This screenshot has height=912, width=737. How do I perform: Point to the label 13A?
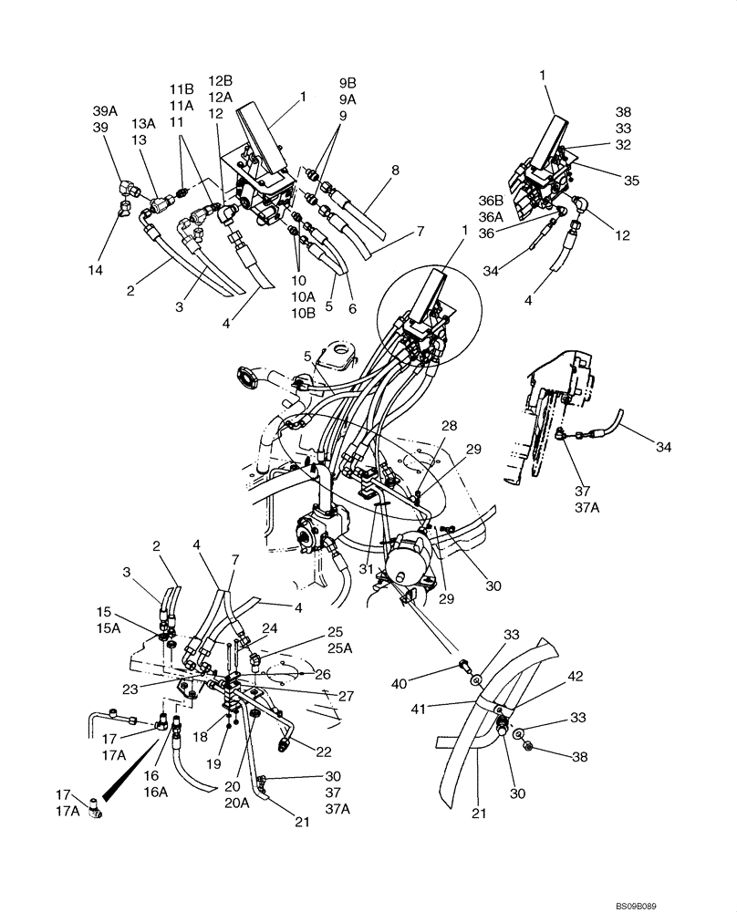[143, 124]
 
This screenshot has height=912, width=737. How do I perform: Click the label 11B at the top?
[182, 88]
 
